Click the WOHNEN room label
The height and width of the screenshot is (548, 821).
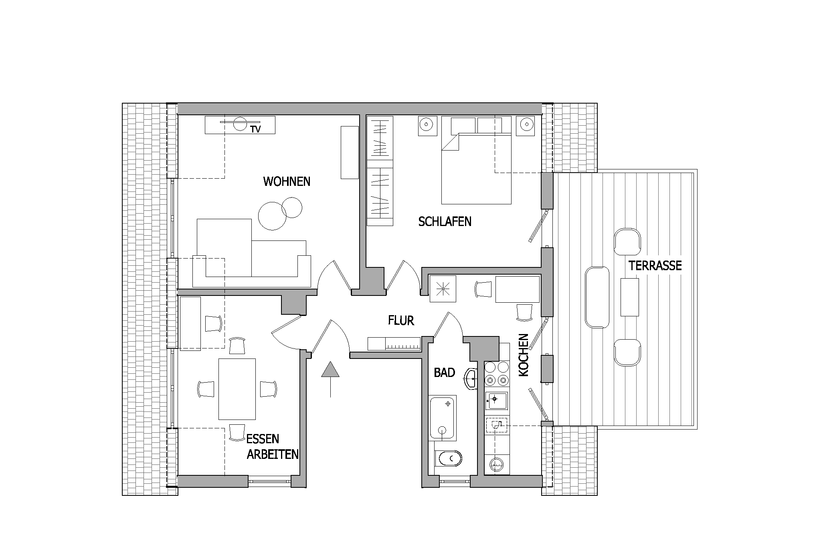[x=287, y=181]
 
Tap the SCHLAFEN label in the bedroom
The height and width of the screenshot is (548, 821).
[x=445, y=221]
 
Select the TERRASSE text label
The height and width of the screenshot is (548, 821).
[x=655, y=265]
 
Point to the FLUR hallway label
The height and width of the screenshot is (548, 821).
[x=401, y=320]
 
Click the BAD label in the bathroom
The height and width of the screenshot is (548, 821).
[x=445, y=373]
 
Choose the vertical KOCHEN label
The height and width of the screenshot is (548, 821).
[x=524, y=355]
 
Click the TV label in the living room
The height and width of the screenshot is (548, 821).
[x=255, y=129]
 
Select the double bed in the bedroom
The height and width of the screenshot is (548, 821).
[x=476, y=160]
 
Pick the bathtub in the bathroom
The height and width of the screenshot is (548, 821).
[x=443, y=418]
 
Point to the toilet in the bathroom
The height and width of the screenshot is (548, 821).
[x=448, y=458]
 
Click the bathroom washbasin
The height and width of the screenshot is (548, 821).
[x=471, y=378]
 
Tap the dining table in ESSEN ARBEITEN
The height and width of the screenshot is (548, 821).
[x=237, y=389]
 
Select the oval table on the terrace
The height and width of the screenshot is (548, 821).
[x=597, y=297]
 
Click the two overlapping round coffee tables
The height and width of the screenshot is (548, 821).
[x=280, y=213]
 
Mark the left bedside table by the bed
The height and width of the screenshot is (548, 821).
[x=427, y=126]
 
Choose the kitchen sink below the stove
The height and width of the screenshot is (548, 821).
[x=496, y=401]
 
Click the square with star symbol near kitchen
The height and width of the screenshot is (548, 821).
[x=443, y=289]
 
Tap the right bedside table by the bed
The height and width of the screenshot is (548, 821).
[x=526, y=126]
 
